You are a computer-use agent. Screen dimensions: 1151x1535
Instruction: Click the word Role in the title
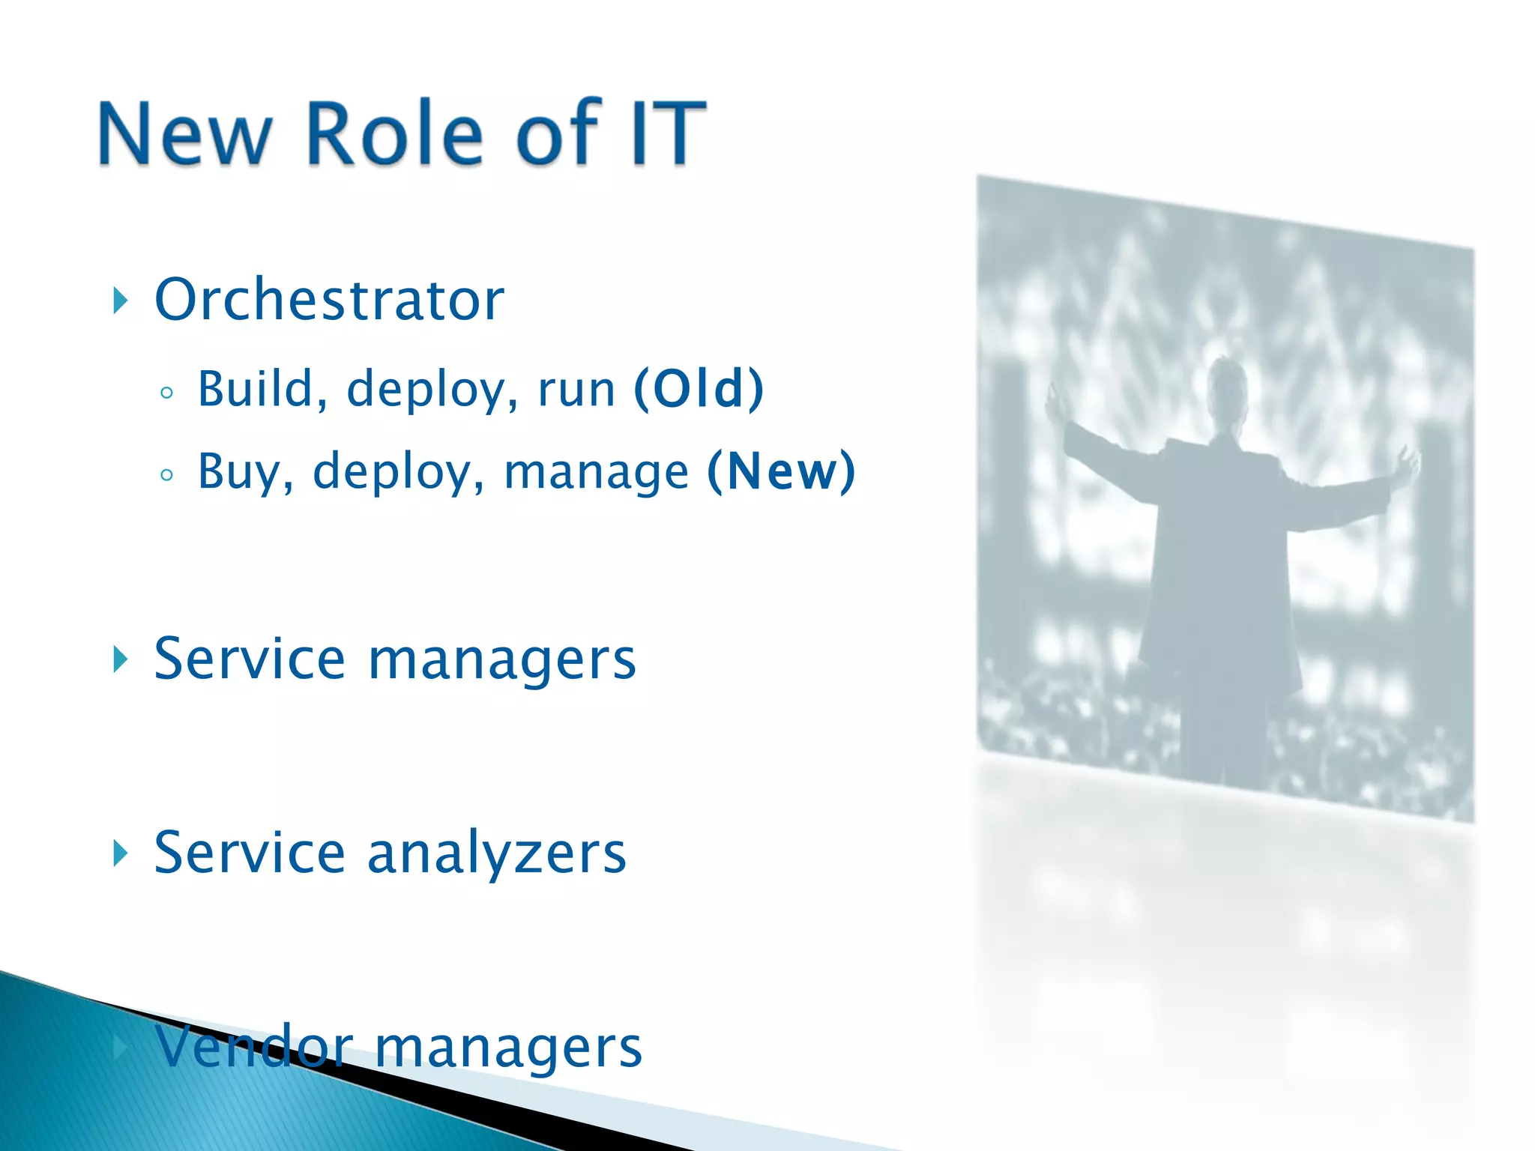[x=394, y=133]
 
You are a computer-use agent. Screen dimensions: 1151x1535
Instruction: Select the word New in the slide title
[x=184, y=133]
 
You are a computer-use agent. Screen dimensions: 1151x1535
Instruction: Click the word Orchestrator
[x=329, y=300]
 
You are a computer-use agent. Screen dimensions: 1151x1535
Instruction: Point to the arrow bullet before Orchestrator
[x=120, y=300]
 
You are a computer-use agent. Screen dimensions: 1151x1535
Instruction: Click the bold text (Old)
[x=699, y=389]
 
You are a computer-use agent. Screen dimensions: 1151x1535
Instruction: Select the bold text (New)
[x=781, y=471]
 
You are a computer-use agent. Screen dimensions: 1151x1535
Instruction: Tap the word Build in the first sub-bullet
[x=255, y=389]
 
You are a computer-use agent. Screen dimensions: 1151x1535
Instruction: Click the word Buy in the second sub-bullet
[x=238, y=473]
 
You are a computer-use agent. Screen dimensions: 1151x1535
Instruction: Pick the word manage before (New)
[x=596, y=473]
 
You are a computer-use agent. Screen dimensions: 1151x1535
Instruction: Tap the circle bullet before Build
[x=166, y=393]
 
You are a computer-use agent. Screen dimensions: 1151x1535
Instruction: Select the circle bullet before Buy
[x=166, y=475]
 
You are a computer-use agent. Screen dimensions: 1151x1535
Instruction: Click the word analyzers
[x=496, y=854]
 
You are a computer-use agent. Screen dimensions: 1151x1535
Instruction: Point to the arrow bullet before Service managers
[x=120, y=659]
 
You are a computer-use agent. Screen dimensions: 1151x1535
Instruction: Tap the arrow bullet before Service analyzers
[x=120, y=854]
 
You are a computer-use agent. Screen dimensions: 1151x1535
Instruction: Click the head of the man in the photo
[x=1227, y=383]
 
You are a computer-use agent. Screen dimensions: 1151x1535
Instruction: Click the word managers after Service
[x=501, y=659]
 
